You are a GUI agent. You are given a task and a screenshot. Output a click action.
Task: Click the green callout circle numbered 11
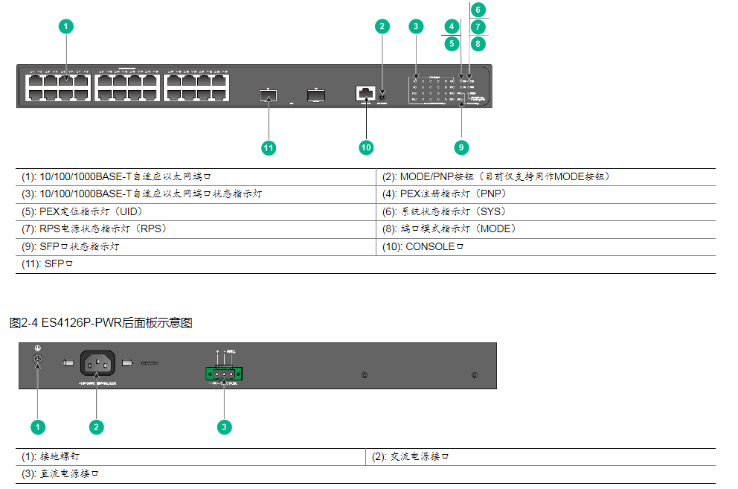269,147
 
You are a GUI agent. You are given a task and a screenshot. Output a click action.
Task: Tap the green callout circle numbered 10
366,147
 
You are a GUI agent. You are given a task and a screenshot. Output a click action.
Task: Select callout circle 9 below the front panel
461,147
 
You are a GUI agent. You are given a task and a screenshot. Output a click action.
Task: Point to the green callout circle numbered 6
478,10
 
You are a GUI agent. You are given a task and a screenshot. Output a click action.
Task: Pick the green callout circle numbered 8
478,43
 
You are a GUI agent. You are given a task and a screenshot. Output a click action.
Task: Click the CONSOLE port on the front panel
365,93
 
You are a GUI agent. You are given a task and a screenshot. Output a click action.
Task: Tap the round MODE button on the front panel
382,95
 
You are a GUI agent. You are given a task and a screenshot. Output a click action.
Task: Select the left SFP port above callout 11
268,95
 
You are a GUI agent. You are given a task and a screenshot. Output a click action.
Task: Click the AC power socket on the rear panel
95,363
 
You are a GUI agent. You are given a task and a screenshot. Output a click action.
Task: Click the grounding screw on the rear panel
39,360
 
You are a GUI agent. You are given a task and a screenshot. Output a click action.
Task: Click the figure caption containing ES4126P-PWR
101,323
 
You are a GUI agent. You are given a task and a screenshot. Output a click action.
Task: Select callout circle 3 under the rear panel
224,426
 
